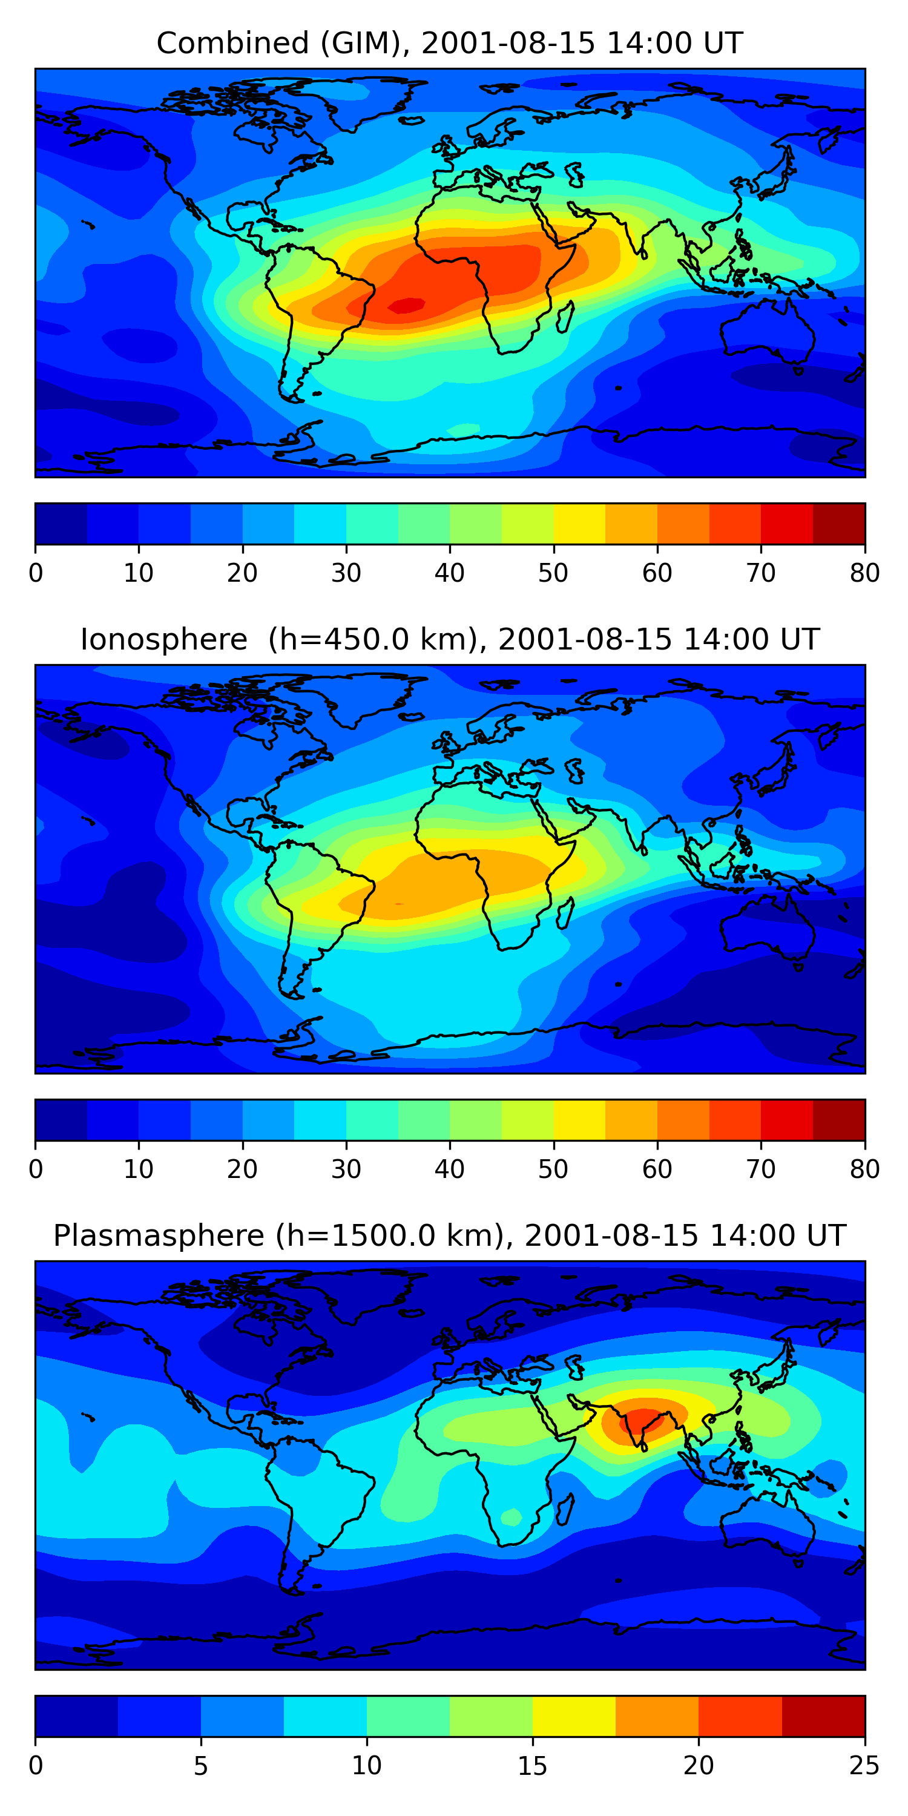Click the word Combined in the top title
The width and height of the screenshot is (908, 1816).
point(232,44)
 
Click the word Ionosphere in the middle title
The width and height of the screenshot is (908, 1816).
point(163,639)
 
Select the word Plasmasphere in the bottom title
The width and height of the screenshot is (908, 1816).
point(158,1236)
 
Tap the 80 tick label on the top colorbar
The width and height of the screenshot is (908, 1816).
point(864,573)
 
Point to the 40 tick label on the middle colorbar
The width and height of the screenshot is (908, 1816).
point(449,1169)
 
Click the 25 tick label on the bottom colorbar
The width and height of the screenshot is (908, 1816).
point(864,1765)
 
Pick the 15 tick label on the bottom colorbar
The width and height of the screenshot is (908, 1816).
point(532,1765)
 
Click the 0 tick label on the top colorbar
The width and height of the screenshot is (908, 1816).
point(36,573)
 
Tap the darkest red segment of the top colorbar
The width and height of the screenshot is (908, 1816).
point(839,524)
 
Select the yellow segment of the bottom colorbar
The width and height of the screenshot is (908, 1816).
point(574,1716)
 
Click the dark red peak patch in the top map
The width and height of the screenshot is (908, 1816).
point(407,305)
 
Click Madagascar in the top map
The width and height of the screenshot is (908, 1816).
point(564,316)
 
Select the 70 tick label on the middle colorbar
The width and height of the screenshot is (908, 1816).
point(761,1169)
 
